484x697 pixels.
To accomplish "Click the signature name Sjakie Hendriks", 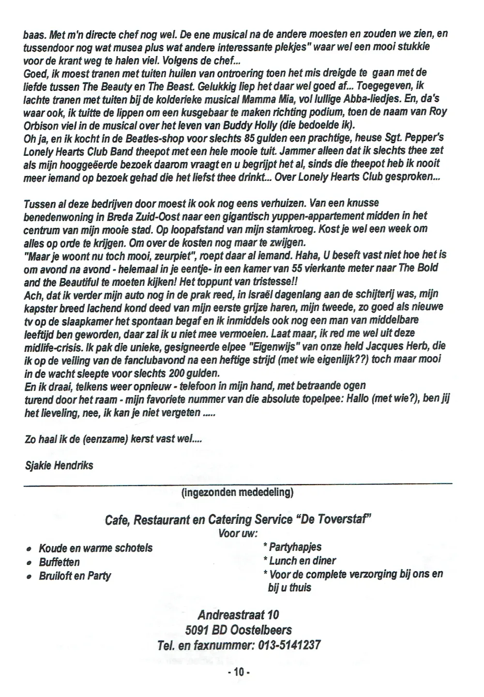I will (59, 465).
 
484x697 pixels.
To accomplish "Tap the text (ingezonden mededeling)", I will (237, 492).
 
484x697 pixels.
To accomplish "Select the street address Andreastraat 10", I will (238, 615).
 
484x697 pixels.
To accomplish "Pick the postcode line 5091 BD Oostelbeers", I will (238, 630).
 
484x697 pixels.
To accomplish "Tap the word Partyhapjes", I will (295, 547).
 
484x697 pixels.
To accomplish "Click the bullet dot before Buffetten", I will (29, 563).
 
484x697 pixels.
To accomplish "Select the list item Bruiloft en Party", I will (75, 576).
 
